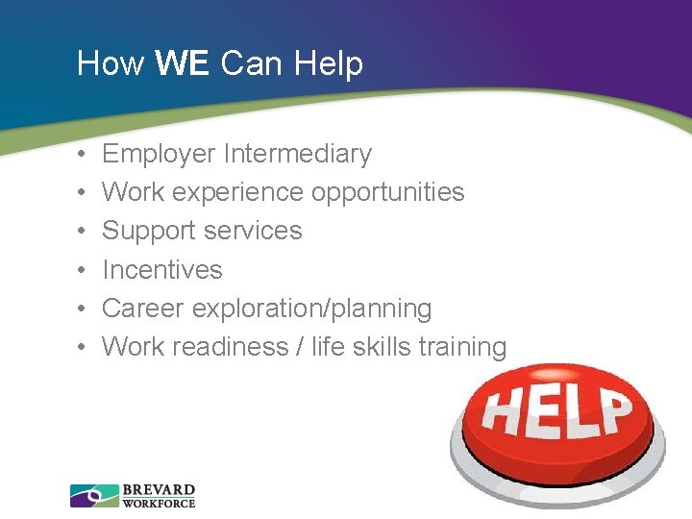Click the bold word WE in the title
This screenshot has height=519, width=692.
(x=183, y=63)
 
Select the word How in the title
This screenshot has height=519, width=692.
(x=111, y=63)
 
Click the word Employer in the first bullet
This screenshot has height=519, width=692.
(x=159, y=154)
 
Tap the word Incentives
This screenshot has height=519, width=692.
(x=161, y=270)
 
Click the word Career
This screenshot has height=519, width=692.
(x=143, y=309)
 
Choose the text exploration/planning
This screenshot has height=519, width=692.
(x=311, y=309)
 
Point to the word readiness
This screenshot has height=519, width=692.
(x=231, y=347)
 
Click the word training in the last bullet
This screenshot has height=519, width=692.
(x=464, y=347)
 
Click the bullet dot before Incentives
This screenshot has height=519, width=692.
(x=84, y=271)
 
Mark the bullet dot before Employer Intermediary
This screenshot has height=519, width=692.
(x=84, y=155)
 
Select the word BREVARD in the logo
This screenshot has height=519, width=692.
(x=159, y=489)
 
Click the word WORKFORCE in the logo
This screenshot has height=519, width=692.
(x=159, y=503)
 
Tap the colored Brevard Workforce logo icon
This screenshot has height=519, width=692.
(x=94, y=495)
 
